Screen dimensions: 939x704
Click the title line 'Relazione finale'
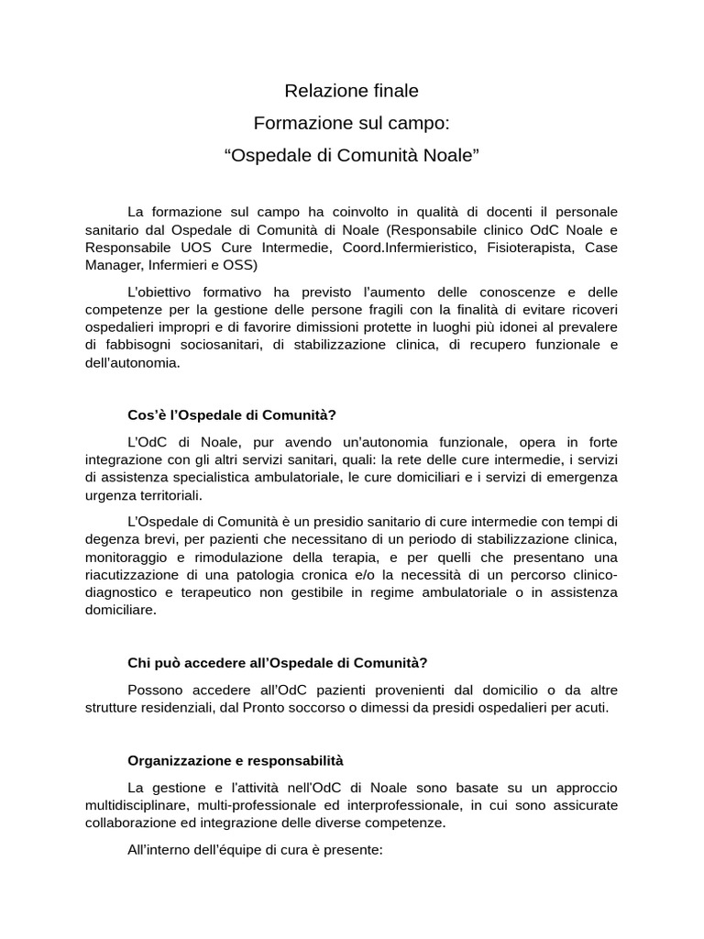pyautogui.click(x=351, y=91)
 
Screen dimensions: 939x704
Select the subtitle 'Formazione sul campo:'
pyautogui.click(x=351, y=122)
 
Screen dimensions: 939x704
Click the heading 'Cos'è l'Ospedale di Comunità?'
pyautogui.click(x=238, y=414)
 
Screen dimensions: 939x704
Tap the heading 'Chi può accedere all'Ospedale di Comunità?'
pyautogui.click(x=278, y=663)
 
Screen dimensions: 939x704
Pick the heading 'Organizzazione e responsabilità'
pyautogui.click(x=236, y=760)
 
